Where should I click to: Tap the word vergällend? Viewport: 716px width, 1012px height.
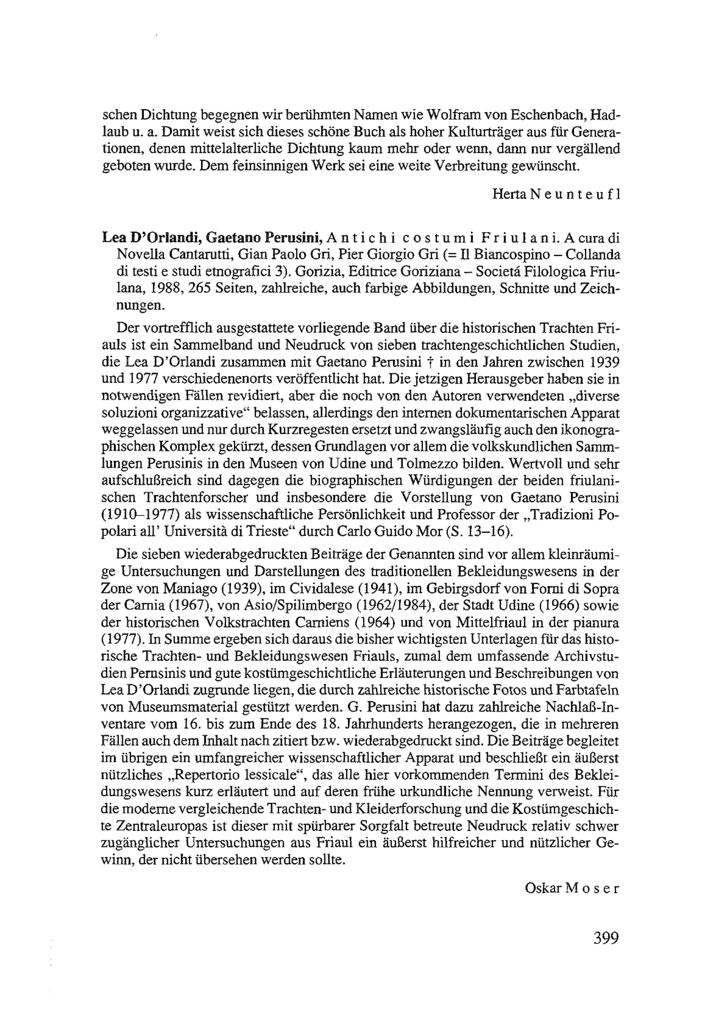coord(589,149)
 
